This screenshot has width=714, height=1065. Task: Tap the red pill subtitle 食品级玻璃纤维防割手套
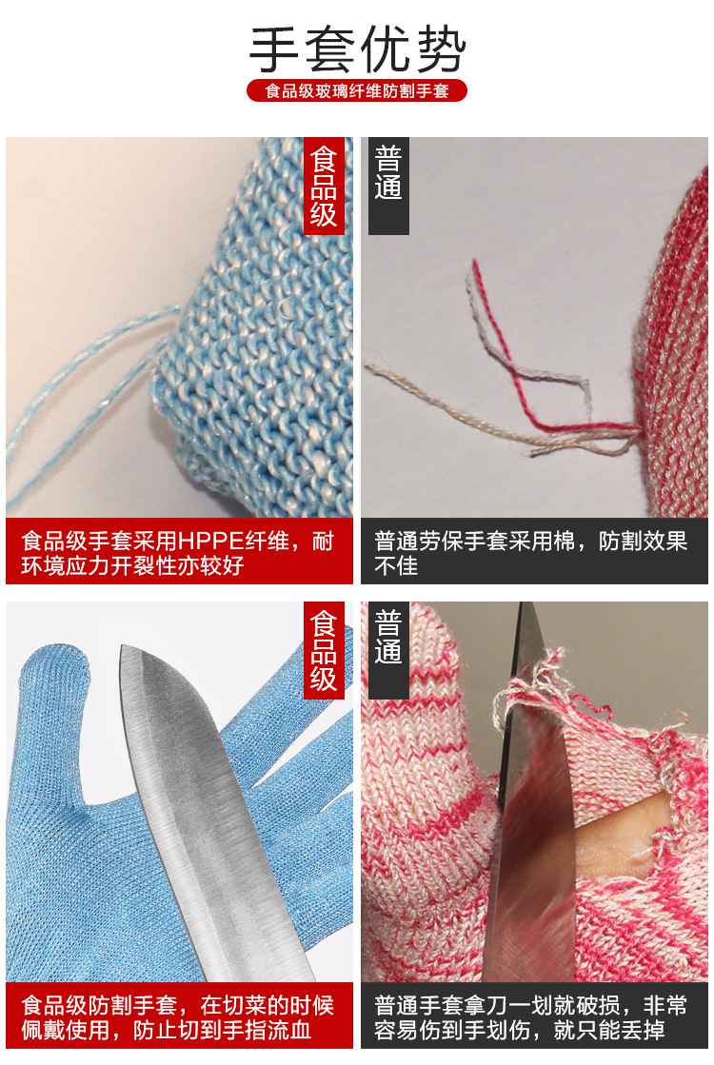(x=357, y=90)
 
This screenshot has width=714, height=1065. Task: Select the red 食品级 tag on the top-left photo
(x=324, y=186)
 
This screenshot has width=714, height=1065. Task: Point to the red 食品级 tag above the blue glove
(x=324, y=650)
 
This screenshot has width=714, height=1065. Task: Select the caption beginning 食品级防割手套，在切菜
(x=178, y=1016)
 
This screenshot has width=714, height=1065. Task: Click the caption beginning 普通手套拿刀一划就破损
(x=530, y=1016)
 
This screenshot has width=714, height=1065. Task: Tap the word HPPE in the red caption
(x=210, y=542)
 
